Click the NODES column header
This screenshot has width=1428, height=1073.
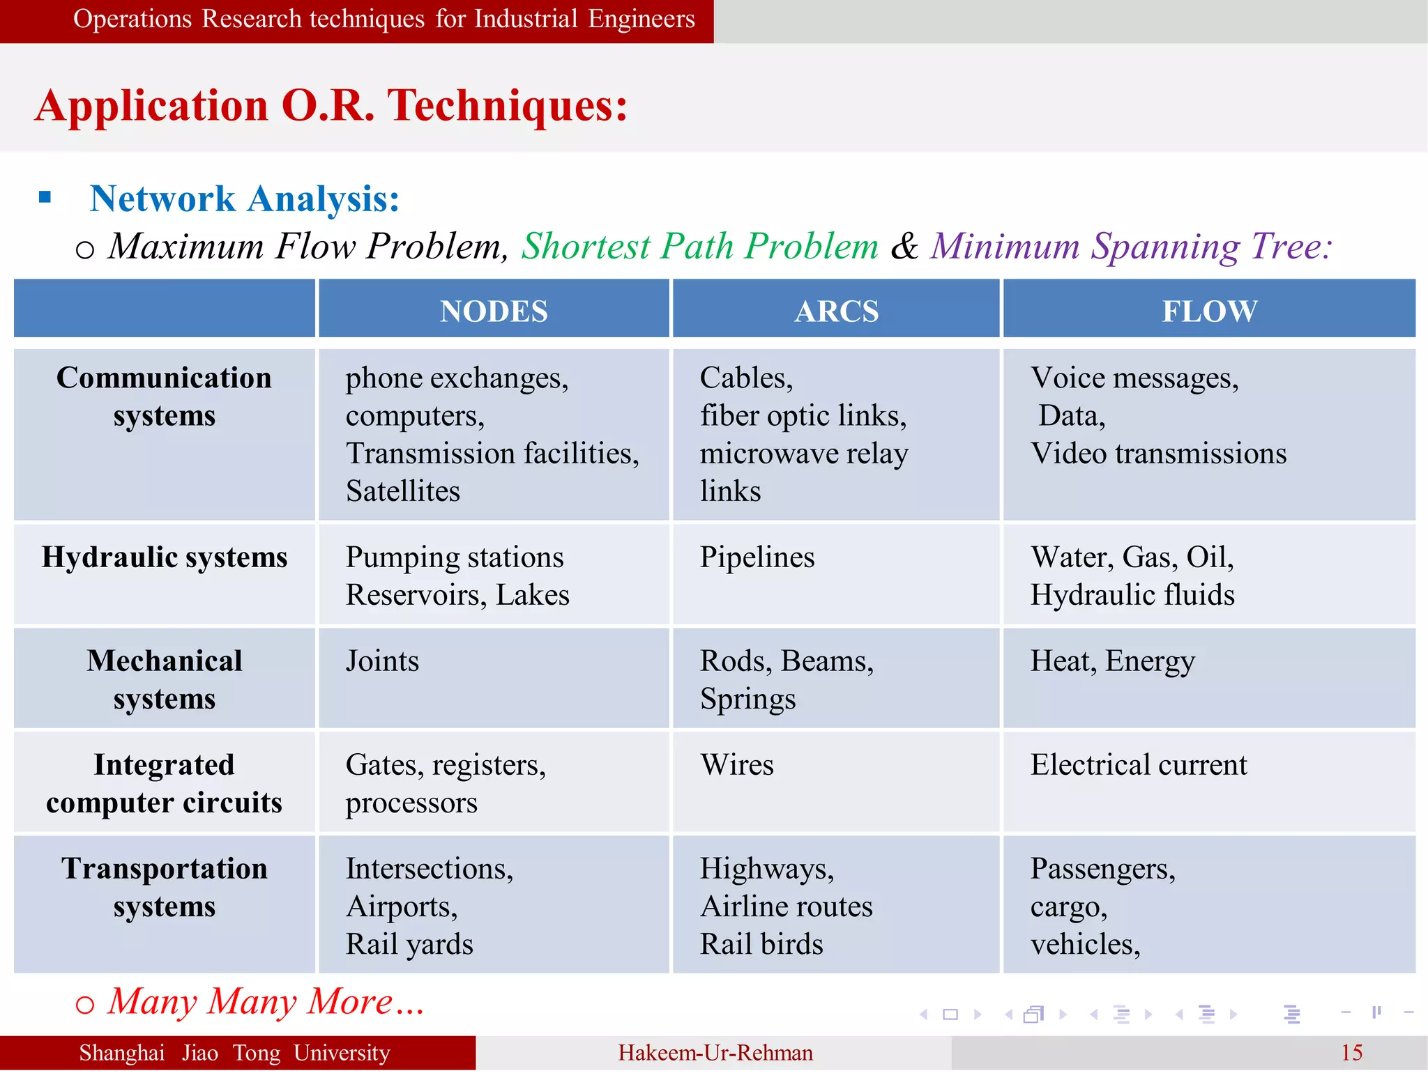tap(494, 311)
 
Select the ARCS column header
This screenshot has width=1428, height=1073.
tap(836, 311)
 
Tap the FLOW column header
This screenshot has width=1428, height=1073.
tap(1210, 311)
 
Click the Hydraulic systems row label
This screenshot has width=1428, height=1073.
tap(165, 557)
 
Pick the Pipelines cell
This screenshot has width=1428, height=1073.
tap(757, 557)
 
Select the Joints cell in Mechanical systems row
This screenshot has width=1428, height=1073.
tap(382, 661)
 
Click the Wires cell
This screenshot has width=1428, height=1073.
tap(737, 765)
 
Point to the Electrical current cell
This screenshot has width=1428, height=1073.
tap(1139, 765)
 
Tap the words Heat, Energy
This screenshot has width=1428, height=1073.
tap(1113, 661)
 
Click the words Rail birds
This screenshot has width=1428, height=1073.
tap(761, 945)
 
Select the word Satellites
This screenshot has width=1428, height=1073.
tap(403, 491)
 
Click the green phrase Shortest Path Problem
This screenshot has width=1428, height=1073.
tap(699, 246)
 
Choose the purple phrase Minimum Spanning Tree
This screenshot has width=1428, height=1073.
tap(1130, 246)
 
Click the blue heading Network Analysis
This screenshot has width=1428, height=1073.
tap(244, 199)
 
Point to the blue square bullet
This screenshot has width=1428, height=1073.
tap(45, 197)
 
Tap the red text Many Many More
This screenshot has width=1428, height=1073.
tap(265, 1002)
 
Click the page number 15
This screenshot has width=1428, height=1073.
tap(1351, 1053)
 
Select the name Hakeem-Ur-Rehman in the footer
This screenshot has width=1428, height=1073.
tap(715, 1053)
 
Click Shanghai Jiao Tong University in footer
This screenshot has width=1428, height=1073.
tap(234, 1053)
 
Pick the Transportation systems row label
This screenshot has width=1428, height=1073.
tap(165, 888)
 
